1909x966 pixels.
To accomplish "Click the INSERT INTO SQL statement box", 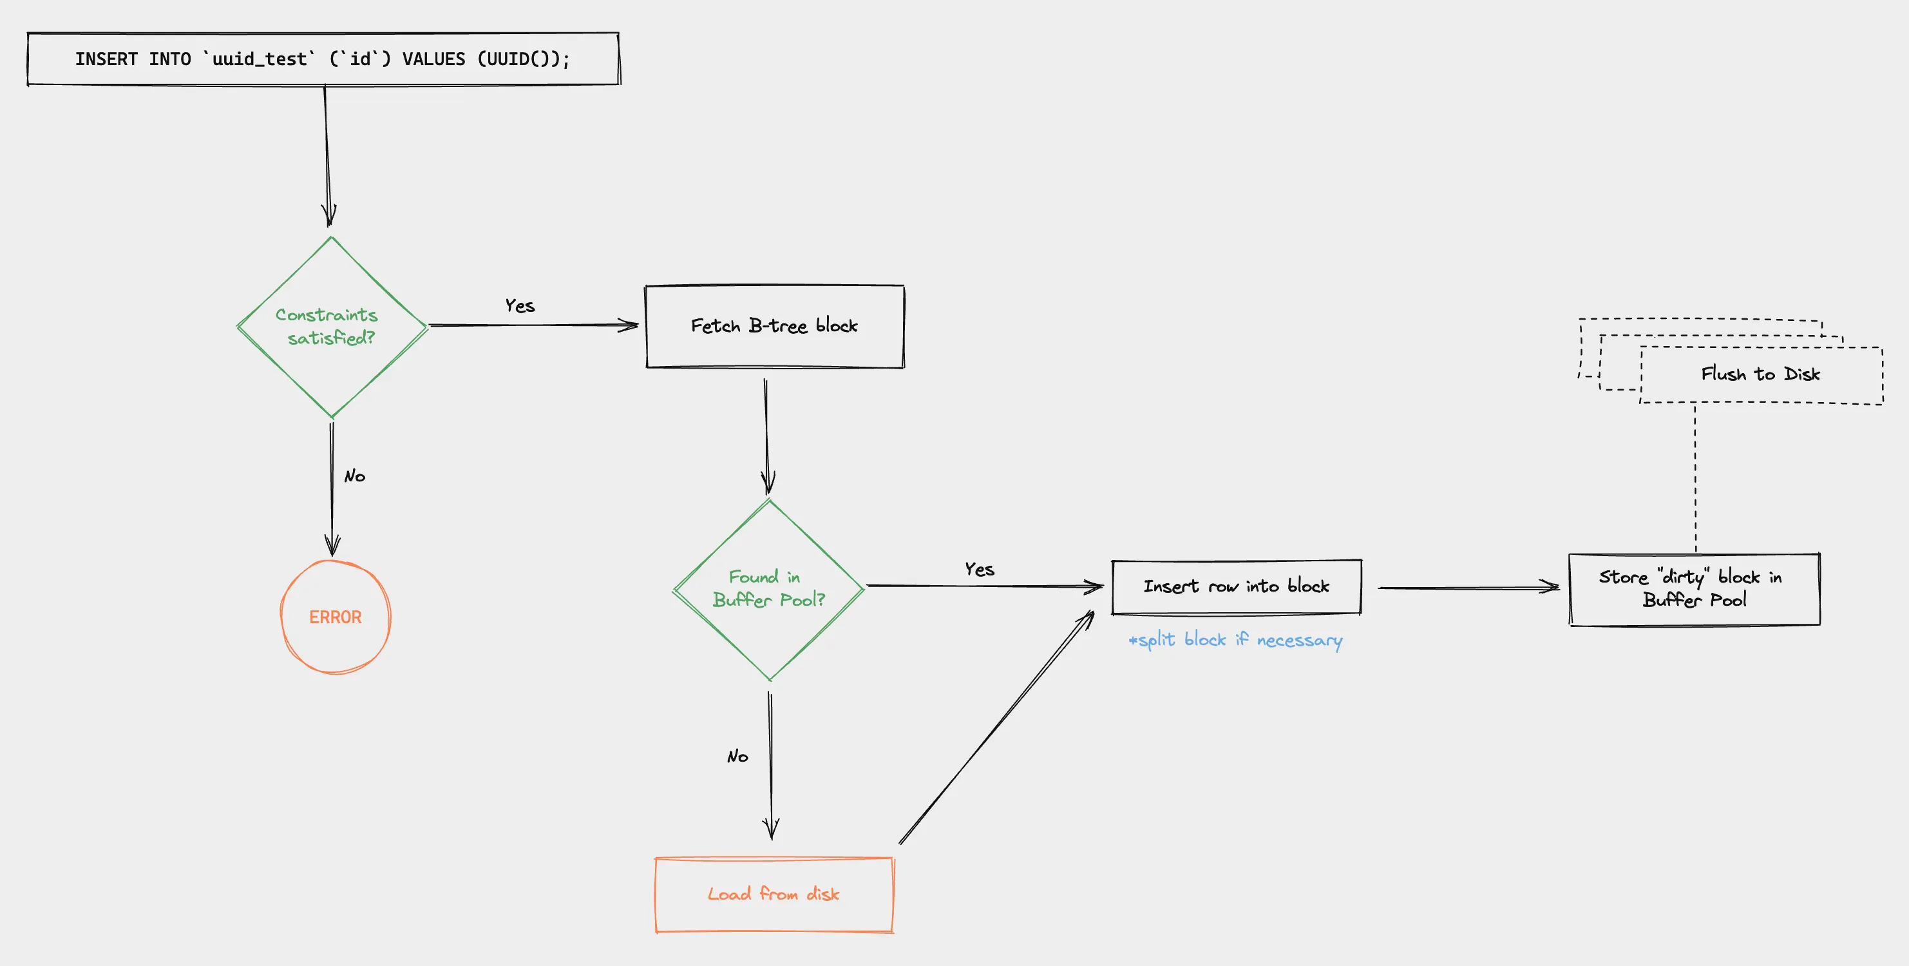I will [323, 59].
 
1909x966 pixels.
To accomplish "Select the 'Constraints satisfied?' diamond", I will [331, 326].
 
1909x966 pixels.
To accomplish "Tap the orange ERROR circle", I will [335, 617].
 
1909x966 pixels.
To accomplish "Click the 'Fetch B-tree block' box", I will [774, 326].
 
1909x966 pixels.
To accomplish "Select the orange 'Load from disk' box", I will [774, 894].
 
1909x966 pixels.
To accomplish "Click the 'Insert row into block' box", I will [1236, 586].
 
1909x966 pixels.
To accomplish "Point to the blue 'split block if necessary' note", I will [1235, 640].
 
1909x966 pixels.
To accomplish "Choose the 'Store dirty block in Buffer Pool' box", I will [1694, 588].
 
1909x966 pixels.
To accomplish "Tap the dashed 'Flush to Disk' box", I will [1761, 374].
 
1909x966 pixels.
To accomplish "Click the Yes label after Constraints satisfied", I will [520, 305].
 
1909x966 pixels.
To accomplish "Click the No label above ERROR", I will [354, 476].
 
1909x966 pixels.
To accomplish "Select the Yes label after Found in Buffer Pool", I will [979, 570].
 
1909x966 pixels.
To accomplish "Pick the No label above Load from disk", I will [737, 756].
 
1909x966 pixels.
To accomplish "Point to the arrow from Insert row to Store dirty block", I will [1467, 588].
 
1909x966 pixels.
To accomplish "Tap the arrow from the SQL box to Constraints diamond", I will [327, 156].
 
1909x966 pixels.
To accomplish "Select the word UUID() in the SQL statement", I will [517, 59].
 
